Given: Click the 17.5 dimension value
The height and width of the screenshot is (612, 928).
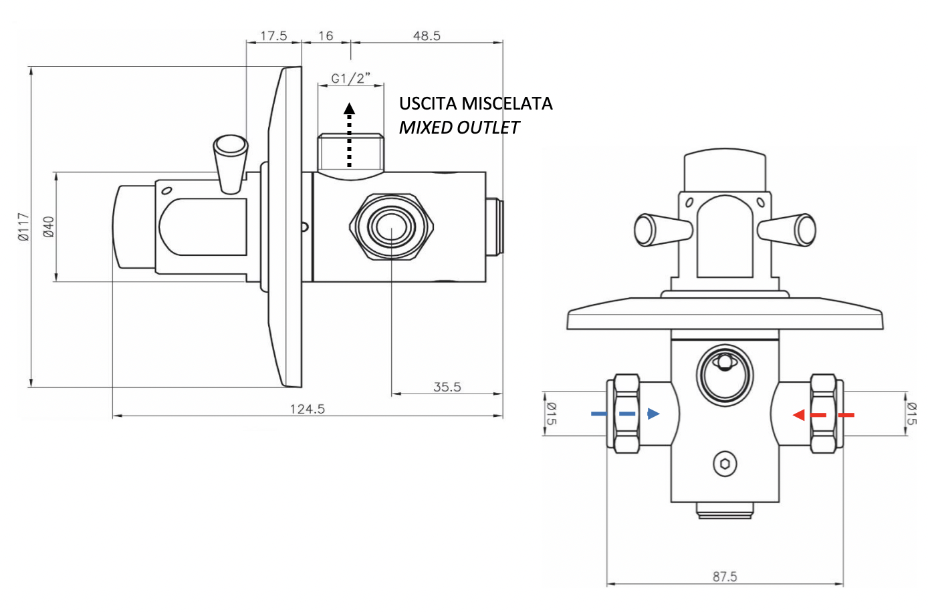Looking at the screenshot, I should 273,35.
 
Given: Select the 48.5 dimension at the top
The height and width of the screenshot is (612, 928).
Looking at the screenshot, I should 427,35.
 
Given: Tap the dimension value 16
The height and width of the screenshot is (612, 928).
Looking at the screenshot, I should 326,35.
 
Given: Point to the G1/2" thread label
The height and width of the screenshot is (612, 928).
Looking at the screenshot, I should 350,78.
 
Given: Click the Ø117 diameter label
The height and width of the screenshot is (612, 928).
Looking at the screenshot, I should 24,226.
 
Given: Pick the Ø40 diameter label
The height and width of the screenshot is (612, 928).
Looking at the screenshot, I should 49,226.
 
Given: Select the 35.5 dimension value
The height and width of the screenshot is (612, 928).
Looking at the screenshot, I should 447,387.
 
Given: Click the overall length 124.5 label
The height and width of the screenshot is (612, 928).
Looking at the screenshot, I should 307,409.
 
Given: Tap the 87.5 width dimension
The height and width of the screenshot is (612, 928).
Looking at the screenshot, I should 725,576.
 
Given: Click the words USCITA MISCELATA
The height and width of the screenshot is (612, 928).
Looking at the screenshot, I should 475,104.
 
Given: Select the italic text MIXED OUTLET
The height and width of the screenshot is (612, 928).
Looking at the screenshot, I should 459,128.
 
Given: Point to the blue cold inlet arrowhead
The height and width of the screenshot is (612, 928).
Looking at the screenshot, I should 653,414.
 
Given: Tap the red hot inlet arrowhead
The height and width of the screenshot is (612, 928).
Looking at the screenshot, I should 798,415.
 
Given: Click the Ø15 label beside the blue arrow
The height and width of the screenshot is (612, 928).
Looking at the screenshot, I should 551,414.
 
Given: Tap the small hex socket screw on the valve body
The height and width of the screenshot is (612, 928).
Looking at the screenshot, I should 725,464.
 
